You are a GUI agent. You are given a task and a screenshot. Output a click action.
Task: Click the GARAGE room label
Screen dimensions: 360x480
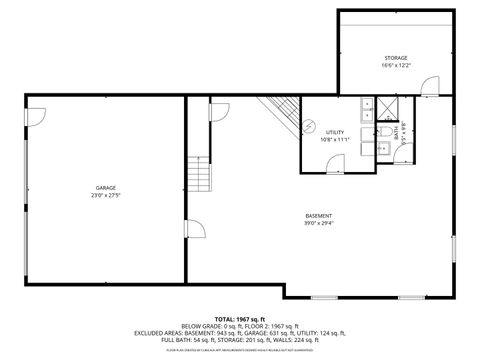coord(106,187)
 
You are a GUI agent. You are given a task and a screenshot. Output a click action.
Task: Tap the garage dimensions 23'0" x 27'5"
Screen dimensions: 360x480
coord(106,195)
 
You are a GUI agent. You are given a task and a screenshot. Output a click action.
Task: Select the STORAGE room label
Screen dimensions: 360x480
coord(395,59)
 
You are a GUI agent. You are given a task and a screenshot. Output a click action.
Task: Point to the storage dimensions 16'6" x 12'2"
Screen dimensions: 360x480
coord(395,67)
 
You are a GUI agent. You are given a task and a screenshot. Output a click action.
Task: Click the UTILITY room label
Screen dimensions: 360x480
coord(335,132)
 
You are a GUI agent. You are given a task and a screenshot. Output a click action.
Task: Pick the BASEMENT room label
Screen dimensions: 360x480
coord(319,216)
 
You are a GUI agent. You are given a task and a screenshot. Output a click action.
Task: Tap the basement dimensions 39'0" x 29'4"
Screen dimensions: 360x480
coord(319,224)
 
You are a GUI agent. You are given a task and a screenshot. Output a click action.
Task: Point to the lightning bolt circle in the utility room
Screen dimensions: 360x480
coord(310,124)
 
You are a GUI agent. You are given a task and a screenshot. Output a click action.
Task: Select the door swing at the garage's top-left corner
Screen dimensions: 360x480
coord(36,117)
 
